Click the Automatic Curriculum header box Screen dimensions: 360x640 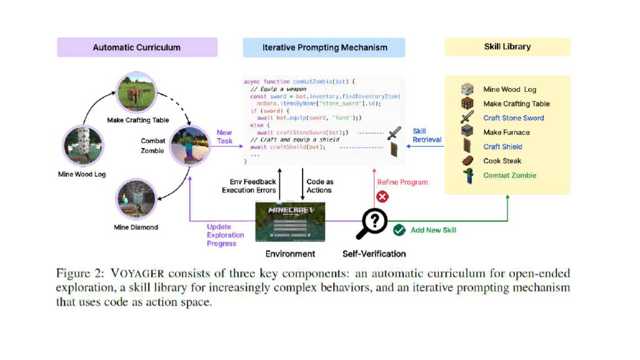pos(137,47)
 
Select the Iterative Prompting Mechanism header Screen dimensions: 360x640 pos(324,47)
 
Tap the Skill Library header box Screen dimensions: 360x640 pos(507,47)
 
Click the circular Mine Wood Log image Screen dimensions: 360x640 pos(82,146)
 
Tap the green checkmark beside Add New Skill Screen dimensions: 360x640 pos(399,230)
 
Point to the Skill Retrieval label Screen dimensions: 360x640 pos(427,136)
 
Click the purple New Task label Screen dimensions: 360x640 pos(224,137)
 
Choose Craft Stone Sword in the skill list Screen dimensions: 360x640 pos(513,118)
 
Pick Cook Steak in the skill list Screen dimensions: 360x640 pos(502,161)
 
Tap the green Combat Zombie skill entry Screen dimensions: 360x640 pos(509,176)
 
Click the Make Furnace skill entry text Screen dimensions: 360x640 pos(506,132)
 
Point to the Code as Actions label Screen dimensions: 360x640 pos(319,186)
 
